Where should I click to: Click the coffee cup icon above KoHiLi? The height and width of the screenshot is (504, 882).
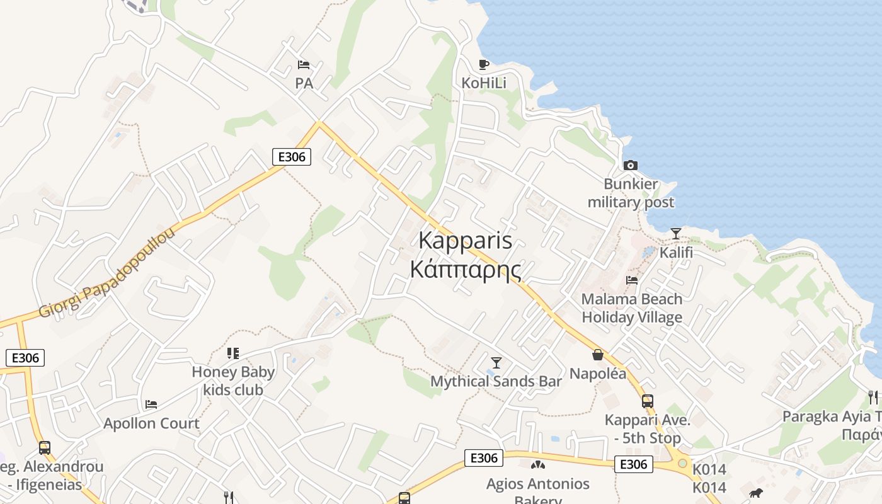point(483,64)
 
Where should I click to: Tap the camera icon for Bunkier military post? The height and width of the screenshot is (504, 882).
point(630,166)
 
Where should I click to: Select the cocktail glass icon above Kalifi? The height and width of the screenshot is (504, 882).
point(676,234)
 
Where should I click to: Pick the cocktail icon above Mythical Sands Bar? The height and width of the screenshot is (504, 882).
point(496,362)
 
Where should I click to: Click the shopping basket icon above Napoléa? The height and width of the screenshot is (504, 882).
point(598,355)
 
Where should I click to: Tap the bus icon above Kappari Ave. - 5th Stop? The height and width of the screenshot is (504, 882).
point(647,401)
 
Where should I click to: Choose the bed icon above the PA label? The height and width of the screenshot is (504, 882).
point(304,64)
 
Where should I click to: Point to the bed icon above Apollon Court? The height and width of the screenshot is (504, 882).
point(151,404)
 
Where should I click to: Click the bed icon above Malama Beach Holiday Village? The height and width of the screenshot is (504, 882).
point(632,280)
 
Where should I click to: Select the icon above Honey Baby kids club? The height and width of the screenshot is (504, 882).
point(233,353)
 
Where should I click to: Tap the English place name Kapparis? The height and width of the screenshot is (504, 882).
point(466,241)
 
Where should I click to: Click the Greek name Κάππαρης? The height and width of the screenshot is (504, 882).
point(466,269)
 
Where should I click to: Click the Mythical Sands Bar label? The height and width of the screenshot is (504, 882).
point(496,381)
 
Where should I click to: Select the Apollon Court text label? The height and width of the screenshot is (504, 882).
point(151,423)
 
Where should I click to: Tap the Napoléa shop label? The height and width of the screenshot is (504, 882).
point(598,374)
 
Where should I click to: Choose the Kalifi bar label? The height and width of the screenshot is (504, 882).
point(676,253)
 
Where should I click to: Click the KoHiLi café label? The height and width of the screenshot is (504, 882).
point(484,83)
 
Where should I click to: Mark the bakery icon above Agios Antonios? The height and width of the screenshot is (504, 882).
point(537,466)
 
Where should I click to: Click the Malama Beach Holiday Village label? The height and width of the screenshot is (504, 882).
point(632,308)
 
